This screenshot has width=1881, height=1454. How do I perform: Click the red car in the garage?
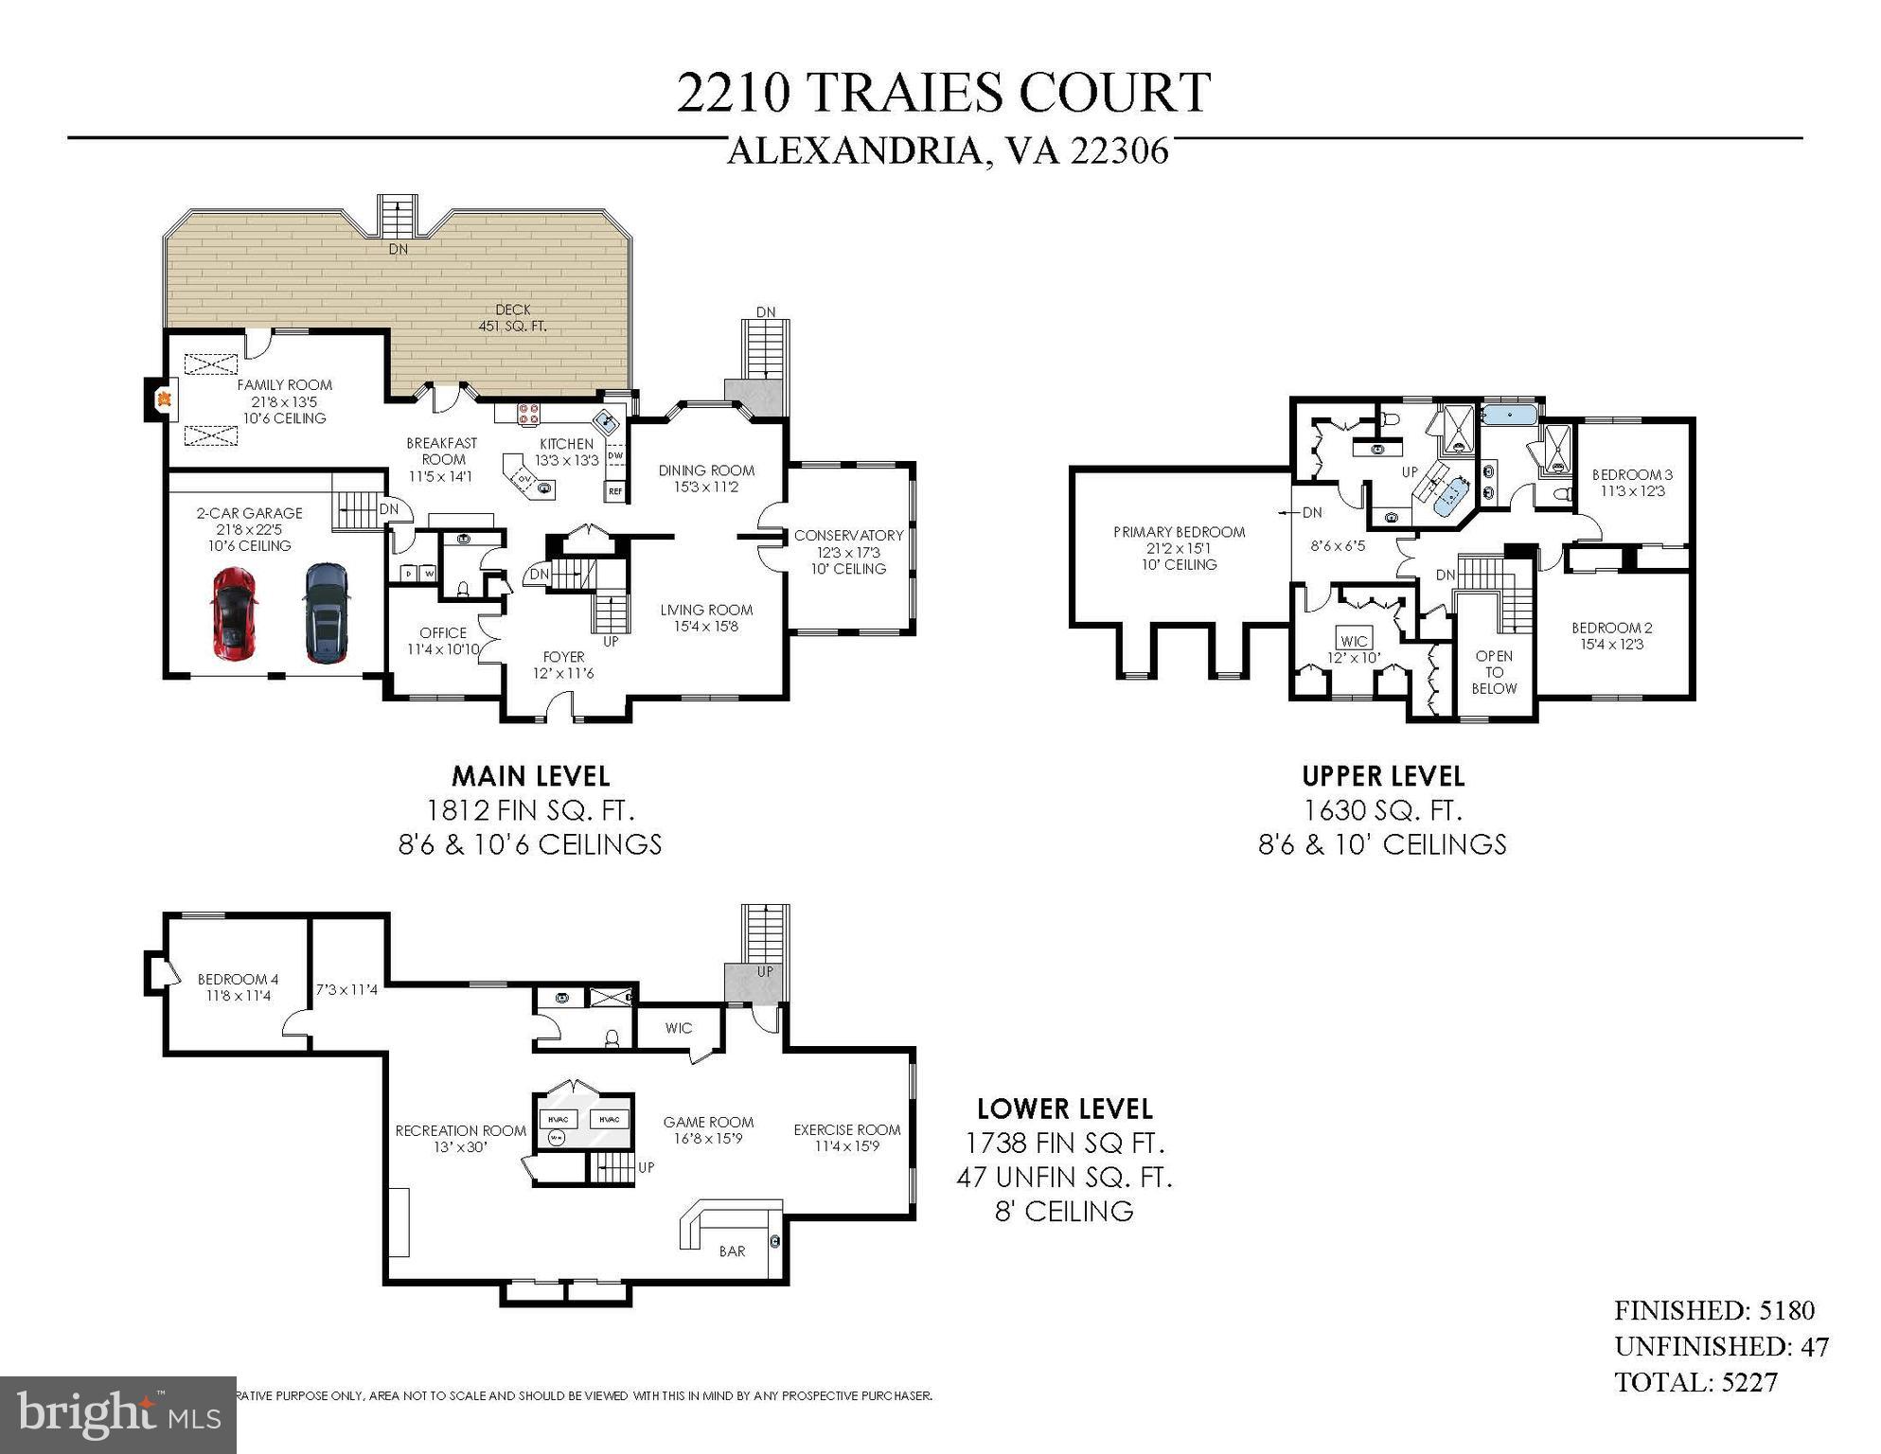[234, 613]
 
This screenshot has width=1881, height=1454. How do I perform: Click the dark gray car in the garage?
[327, 613]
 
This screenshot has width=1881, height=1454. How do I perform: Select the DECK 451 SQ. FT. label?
[512, 318]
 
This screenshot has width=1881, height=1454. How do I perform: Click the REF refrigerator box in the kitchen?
[615, 491]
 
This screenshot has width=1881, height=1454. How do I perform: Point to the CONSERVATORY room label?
[848, 536]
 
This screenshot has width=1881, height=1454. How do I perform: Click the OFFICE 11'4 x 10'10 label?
[443, 641]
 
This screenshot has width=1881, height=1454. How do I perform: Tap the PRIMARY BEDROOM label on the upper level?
[1179, 532]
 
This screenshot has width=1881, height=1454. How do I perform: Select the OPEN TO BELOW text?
[1494, 672]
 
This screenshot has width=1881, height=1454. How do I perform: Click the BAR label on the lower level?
[732, 1251]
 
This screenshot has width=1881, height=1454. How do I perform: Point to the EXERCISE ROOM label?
[846, 1130]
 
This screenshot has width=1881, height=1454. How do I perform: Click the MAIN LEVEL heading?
[530, 776]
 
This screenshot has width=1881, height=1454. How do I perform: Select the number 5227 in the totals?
[1749, 1382]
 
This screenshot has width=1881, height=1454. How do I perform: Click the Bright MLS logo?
[117, 1414]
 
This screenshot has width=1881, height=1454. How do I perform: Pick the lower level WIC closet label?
[679, 1028]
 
